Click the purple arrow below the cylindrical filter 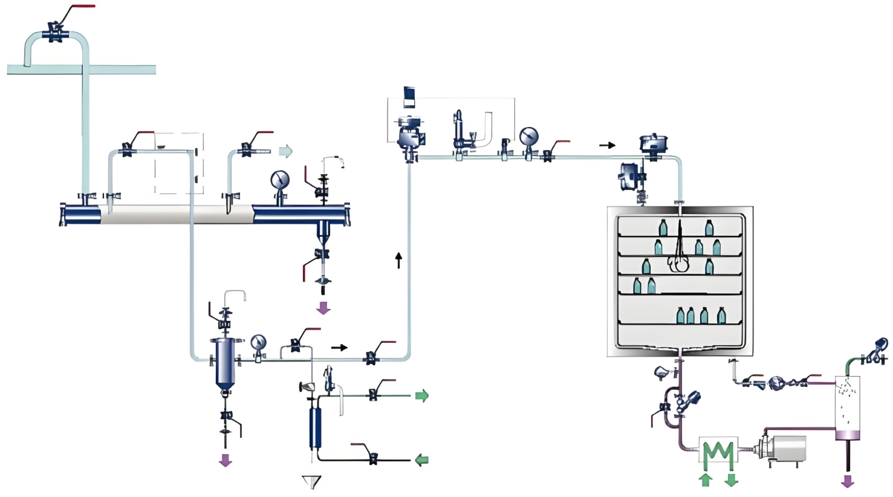point(226,460)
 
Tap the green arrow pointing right point(421,396)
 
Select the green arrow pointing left point(421,460)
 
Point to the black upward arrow point(398,260)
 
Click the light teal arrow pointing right point(285,151)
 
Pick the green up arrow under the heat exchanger point(706,480)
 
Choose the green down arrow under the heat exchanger point(731,480)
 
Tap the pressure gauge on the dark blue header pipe point(280,180)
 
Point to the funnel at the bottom point(311,482)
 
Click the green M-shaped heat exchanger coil point(718,453)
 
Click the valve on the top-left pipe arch point(55,31)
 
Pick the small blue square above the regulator point(409,96)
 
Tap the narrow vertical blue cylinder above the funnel point(314,427)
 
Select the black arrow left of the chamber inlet point(607,145)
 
